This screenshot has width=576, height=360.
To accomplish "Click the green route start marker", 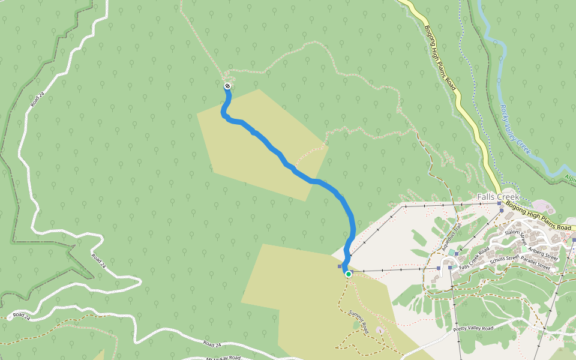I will coord(348,274).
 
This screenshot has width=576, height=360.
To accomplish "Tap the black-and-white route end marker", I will coord(228,86).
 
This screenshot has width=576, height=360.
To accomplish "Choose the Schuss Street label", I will coord(505,259).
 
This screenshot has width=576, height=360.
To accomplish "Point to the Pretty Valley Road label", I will coord(473,329).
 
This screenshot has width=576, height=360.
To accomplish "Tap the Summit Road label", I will coord(358,317).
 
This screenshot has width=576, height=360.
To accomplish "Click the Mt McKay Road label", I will coord(223,358).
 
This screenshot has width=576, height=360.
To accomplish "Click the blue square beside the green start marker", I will coord(340,266).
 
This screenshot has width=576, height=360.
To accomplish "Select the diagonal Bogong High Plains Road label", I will coord(440,58).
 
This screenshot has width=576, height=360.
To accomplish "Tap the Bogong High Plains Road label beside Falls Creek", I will coord(538,216).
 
